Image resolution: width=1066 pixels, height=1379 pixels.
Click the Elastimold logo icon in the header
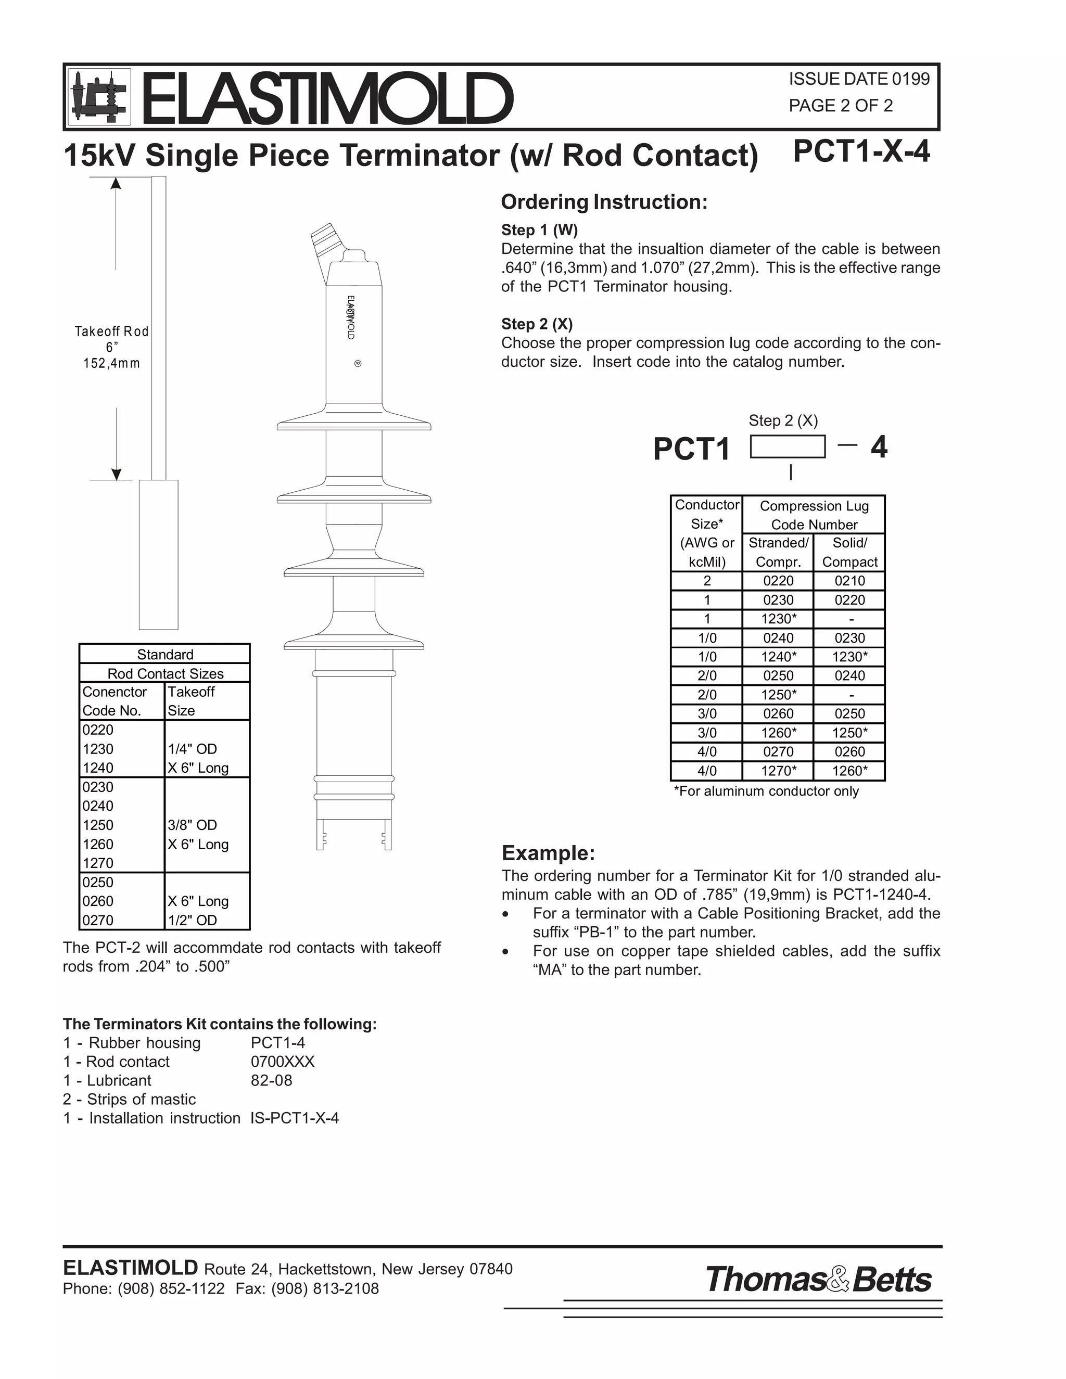(x=98, y=97)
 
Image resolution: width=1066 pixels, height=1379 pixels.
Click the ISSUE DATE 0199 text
(x=859, y=79)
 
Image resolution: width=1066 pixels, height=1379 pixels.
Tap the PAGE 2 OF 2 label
(x=841, y=106)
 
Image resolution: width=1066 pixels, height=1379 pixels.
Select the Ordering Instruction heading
(x=604, y=202)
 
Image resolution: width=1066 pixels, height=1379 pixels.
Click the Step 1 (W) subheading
(x=539, y=230)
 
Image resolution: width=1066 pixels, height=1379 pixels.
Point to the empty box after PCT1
(x=788, y=446)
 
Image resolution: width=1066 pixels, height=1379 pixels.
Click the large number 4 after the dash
(x=879, y=447)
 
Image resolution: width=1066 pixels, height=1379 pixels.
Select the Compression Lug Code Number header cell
(x=814, y=515)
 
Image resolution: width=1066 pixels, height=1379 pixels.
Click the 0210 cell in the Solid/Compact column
(x=849, y=581)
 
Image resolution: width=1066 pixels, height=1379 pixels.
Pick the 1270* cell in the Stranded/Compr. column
(x=778, y=771)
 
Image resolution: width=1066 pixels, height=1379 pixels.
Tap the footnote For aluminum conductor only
(x=766, y=791)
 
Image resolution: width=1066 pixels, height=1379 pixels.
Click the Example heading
(x=548, y=853)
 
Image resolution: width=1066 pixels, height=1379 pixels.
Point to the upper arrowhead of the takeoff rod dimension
(x=116, y=184)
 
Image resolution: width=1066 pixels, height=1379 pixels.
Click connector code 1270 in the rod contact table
(x=98, y=863)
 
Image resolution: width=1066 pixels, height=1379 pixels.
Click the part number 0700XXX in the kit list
(x=282, y=1062)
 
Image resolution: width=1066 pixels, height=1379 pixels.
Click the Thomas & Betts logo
(x=818, y=1280)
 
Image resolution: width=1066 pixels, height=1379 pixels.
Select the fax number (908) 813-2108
(x=325, y=1288)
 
